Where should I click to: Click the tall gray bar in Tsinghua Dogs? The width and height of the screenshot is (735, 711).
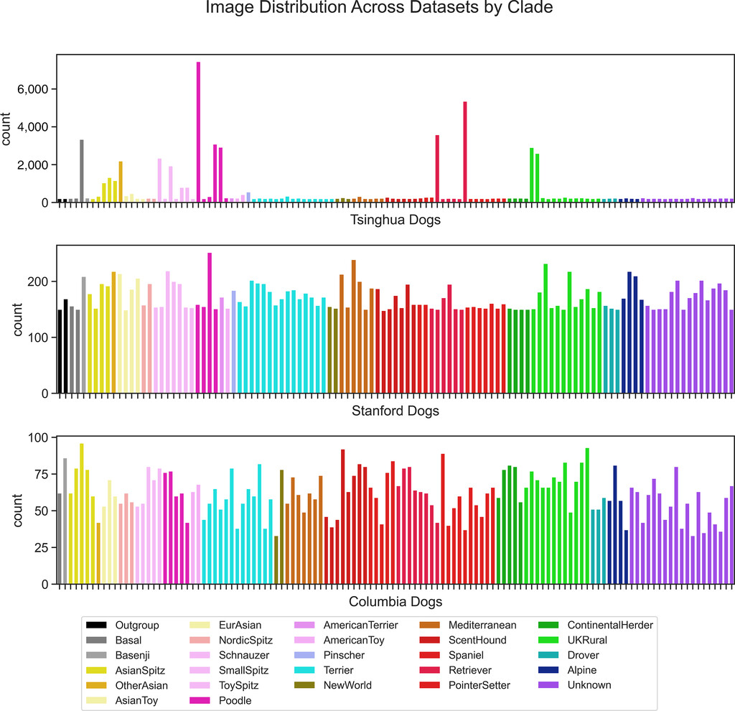(x=82, y=171)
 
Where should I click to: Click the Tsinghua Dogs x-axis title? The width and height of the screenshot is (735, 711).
(x=395, y=220)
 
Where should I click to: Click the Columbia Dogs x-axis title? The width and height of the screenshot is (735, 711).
(x=395, y=602)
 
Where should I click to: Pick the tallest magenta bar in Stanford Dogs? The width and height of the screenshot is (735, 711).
(x=210, y=323)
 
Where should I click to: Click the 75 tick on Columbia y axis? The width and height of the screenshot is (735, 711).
(x=42, y=474)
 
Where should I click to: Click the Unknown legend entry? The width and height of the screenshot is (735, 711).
(x=589, y=685)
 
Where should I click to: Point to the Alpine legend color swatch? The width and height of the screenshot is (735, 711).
(x=549, y=670)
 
